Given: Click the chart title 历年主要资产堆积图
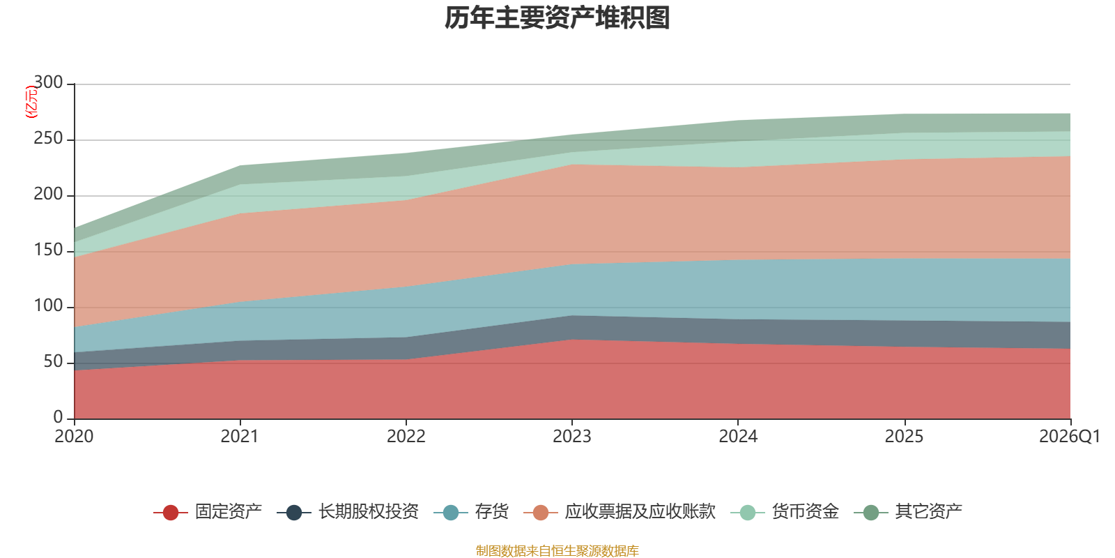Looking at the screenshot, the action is (557, 18).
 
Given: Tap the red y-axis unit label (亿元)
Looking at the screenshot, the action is (31, 102).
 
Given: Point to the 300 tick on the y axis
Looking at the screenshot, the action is (48, 82).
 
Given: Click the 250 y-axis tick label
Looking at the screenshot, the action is (48, 138).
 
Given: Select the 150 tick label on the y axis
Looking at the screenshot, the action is (48, 250).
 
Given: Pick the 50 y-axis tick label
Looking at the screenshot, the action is (53, 361).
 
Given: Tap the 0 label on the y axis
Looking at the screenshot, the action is (59, 417).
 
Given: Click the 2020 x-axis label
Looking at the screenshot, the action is (74, 437).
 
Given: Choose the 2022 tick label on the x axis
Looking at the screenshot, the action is (406, 437).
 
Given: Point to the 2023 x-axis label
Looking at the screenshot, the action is (572, 437).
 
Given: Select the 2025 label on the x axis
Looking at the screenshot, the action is (904, 437).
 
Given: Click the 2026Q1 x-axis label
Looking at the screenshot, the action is (1070, 437).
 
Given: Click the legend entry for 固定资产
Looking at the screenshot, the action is (208, 512).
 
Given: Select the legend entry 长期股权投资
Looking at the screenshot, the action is (348, 512).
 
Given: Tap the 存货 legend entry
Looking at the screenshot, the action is (471, 512).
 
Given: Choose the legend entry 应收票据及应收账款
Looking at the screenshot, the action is (620, 512).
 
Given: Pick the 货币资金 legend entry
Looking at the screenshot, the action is (785, 512).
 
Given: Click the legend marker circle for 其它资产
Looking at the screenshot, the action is (870, 512).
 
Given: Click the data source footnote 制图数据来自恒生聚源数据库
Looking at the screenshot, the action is (557, 550).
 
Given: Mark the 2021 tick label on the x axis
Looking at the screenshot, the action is (240, 437).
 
